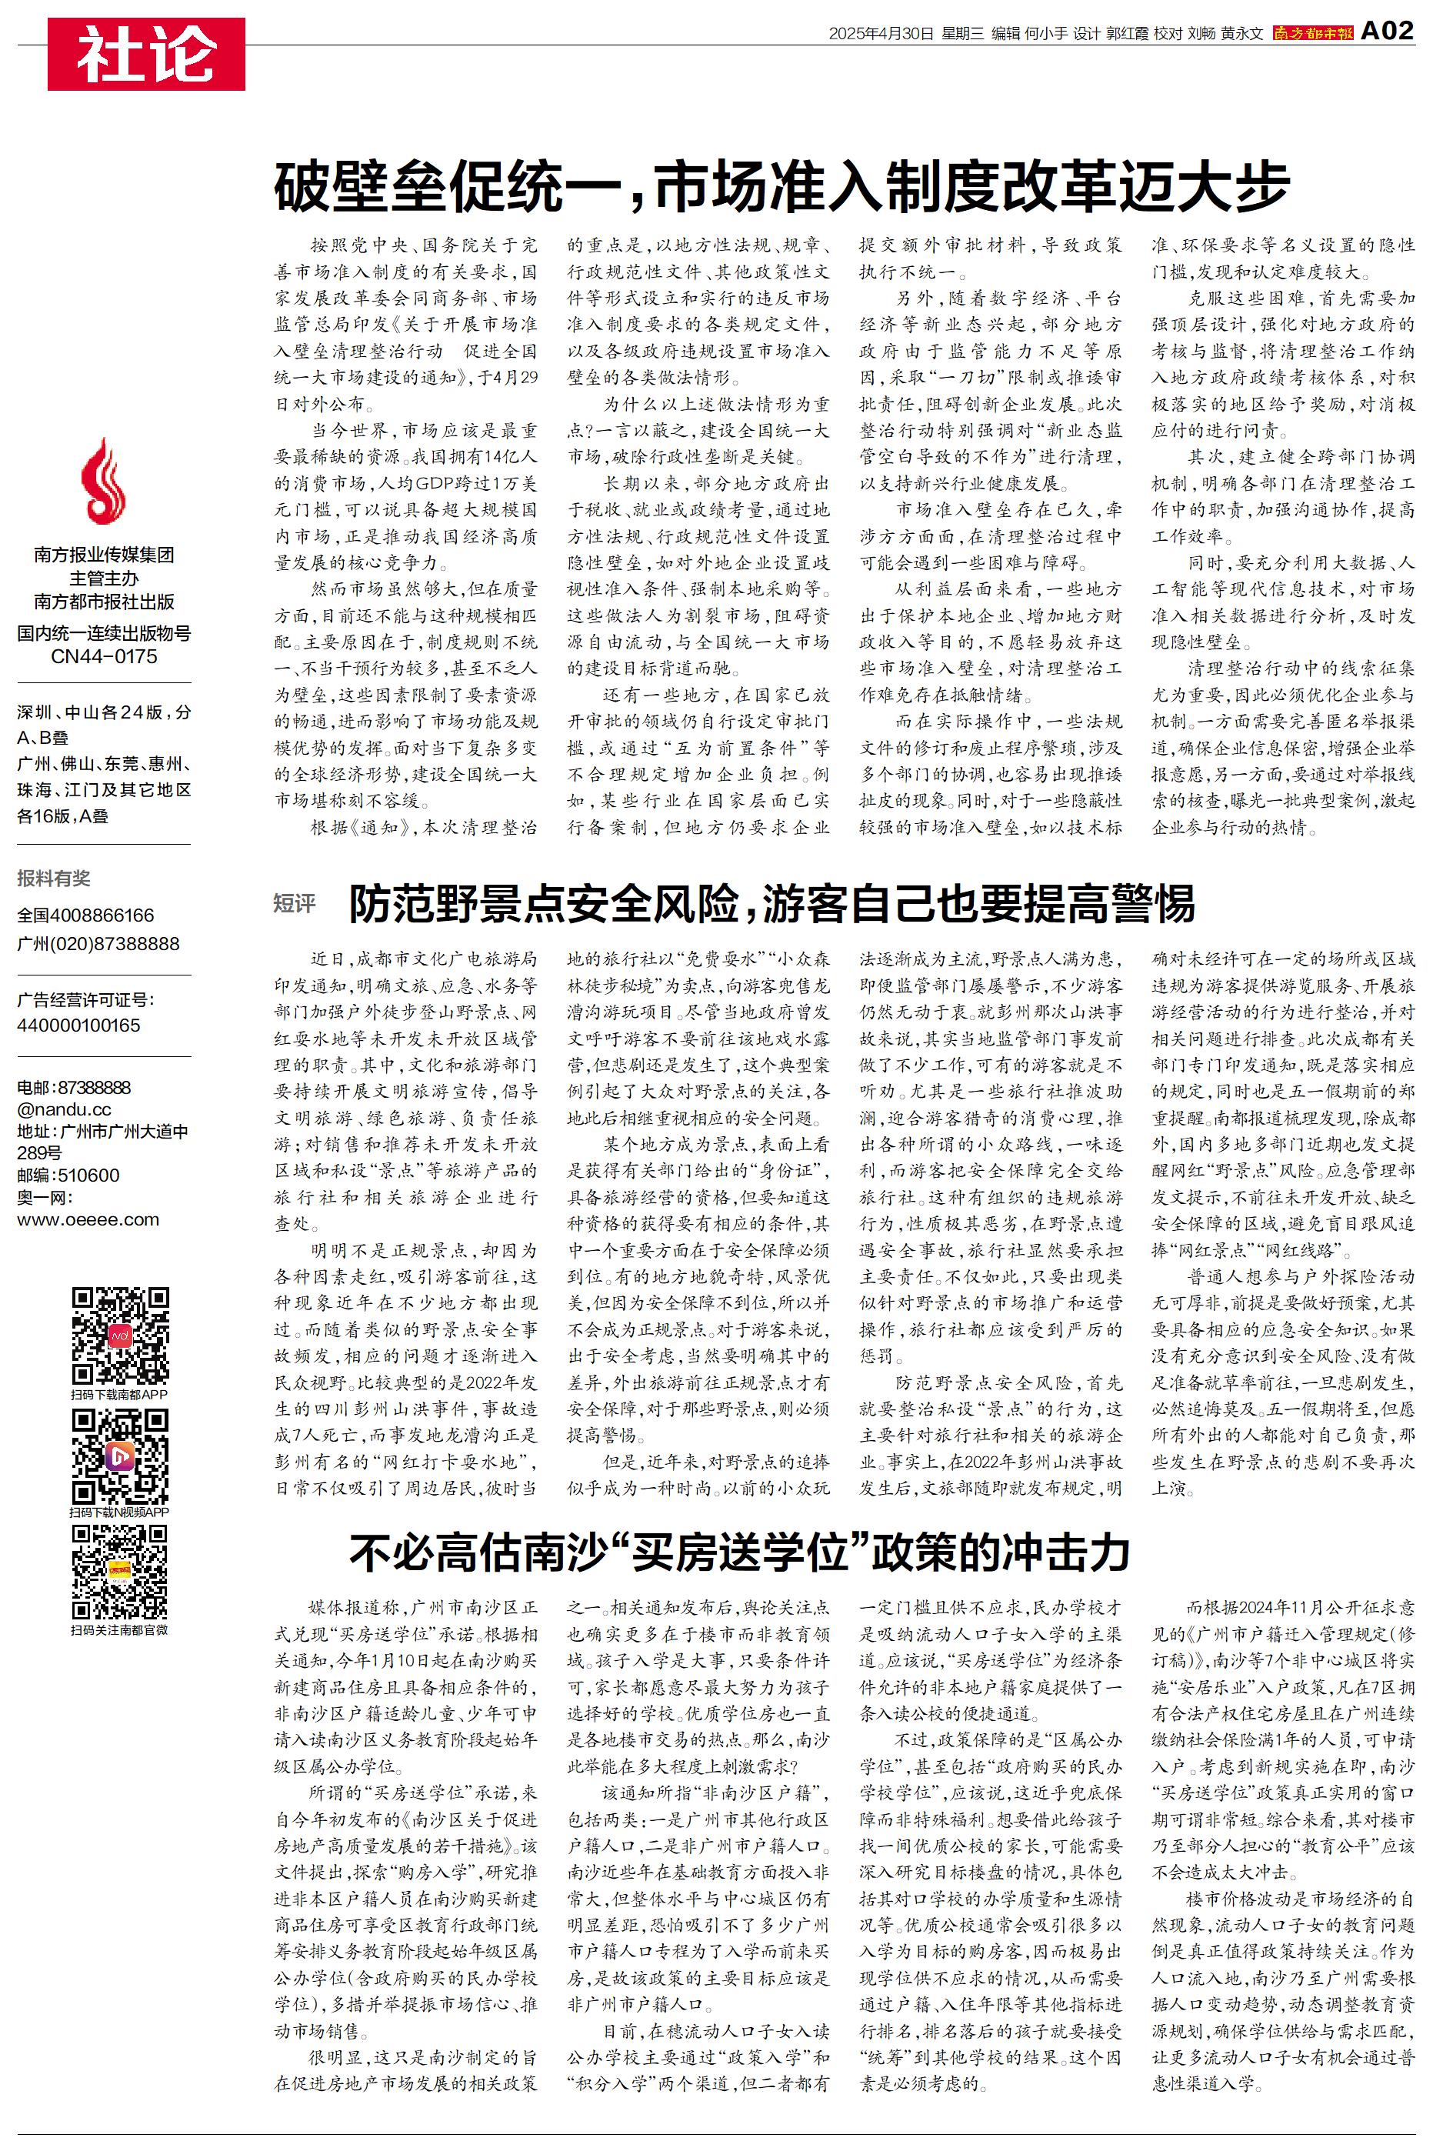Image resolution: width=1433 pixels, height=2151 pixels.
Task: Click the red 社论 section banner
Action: pyautogui.click(x=146, y=54)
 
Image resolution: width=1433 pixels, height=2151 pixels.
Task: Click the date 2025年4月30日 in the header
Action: pyautogui.click(x=881, y=34)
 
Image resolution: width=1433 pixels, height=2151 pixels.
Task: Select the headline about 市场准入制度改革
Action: pyautogui.click(x=781, y=186)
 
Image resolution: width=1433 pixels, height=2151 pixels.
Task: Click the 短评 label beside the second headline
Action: pyautogui.click(x=295, y=904)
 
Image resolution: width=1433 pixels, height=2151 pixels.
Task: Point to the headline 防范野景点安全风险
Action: pyautogui.click(x=772, y=905)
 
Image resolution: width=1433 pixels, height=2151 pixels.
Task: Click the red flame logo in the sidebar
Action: pyautogui.click(x=103, y=481)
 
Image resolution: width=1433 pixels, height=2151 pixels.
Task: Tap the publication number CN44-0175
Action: pyautogui.click(x=103, y=657)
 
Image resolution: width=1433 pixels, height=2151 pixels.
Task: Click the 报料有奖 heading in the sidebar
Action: pyautogui.click(x=54, y=878)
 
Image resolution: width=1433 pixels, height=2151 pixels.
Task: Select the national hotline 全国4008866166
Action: pyautogui.click(x=86, y=915)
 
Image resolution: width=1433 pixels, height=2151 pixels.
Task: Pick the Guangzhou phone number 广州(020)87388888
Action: pyautogui.click(x=98, y=943)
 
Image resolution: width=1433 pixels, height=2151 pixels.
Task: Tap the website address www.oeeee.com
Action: pyautogui.click(x=88, y=1219)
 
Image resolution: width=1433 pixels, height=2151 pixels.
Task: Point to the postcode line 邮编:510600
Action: pyautogui.click(x=68, y=1175)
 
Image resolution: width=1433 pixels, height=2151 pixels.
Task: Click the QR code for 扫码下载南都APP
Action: pyautogui.click(x=120, y=1336)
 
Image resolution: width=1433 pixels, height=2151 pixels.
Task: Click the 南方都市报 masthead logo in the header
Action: pyautogui.click(x=1312, y=33)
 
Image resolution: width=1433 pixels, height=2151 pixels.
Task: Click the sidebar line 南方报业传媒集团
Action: pyautogui.click(x=103, y=555)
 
